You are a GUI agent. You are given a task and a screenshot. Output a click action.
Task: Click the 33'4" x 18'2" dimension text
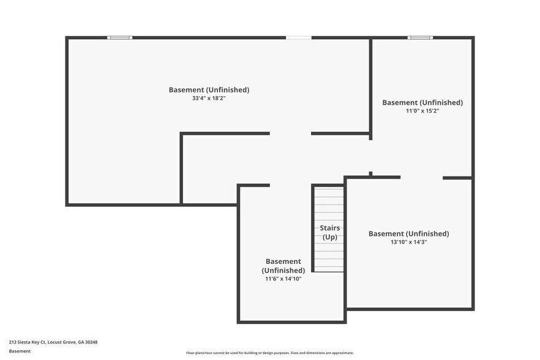coord(209,98)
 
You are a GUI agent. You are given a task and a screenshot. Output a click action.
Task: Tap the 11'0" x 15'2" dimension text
coord(422,111)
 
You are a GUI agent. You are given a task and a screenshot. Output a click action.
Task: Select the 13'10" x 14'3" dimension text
coord(408,242)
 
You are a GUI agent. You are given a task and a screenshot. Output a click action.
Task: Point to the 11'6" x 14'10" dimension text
coord(283,279)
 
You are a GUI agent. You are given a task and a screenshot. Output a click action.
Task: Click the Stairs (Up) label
coord(329,233)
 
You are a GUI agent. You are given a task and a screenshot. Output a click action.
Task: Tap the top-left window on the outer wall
coord(120,38)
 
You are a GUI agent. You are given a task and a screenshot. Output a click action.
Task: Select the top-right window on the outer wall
coord(420,38)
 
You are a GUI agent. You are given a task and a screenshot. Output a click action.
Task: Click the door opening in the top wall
coord(299,38)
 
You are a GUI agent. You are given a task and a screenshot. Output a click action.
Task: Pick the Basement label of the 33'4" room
coord(209,90)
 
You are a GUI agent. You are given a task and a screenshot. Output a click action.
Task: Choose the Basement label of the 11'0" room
coord(422,102)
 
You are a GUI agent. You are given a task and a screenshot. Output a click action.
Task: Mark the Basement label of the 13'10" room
coord(408,233)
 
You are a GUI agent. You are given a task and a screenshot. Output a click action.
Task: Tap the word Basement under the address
coord(20,351)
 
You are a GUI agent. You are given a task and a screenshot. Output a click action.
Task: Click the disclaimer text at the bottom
coord(270,353)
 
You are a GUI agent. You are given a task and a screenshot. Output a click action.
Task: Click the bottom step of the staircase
coord(329,269)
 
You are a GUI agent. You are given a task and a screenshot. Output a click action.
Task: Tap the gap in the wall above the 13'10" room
coord(421,178)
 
